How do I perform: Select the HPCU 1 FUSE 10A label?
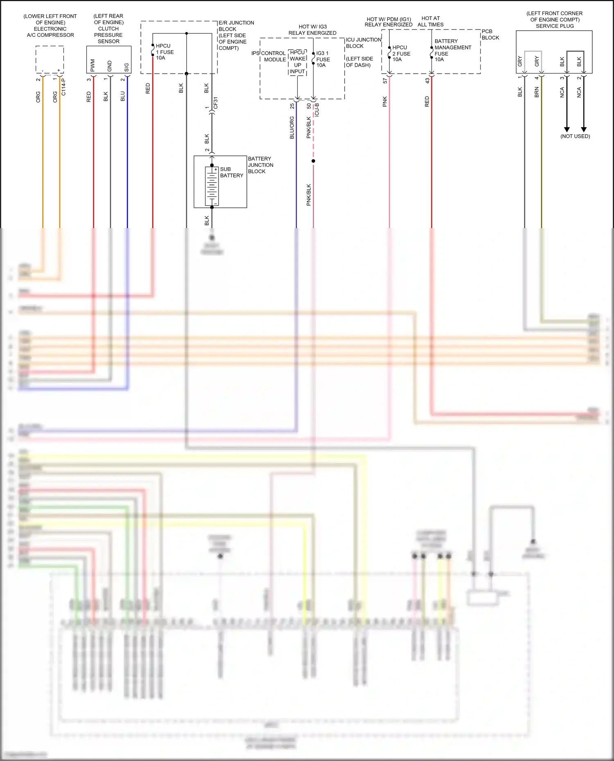pos(165,52)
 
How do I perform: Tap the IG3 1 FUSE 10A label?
pos(323,59)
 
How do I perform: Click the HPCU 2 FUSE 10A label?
pos(401,54)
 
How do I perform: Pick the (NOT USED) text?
pos(575,136)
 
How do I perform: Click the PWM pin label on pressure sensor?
pos(93,65)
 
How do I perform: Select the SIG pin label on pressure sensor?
pos(126,67)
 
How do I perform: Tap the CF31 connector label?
pos(216,103)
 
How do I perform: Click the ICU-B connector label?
pos(317,110)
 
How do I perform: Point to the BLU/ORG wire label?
pos(292,128)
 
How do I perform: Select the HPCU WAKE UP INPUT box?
pos(298,62)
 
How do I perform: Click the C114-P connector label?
pos(63,87)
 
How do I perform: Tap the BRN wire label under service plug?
pos(537,92)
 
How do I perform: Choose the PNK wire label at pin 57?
pos(385,102)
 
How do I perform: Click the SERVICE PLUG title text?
pos(555,26)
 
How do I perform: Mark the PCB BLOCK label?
pos(490,34)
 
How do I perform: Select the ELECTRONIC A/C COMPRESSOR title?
pos(50,32)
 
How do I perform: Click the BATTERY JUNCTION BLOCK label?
pos(260,165)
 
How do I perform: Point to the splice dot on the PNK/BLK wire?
pos(313,161)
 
